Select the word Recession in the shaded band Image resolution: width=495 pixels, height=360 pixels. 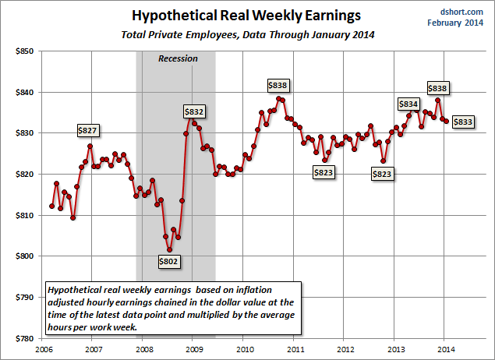click(178, 58)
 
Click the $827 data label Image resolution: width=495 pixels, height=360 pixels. click(87, 130)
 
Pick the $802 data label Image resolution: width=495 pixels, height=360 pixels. click(168, 263)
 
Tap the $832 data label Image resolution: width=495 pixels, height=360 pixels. click(193, 111)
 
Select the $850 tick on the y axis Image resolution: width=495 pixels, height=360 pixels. click(23, 51)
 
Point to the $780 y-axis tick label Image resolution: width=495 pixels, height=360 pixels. click(23, 339)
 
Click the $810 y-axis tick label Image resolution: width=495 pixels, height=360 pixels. click(23, 216)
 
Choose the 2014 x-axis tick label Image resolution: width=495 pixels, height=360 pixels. click(444, 349)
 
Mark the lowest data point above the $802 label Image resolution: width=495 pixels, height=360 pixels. click(169, 250)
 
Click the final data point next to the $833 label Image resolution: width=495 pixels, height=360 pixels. click(446, 120)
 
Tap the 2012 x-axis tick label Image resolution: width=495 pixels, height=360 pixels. click(345, 349)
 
